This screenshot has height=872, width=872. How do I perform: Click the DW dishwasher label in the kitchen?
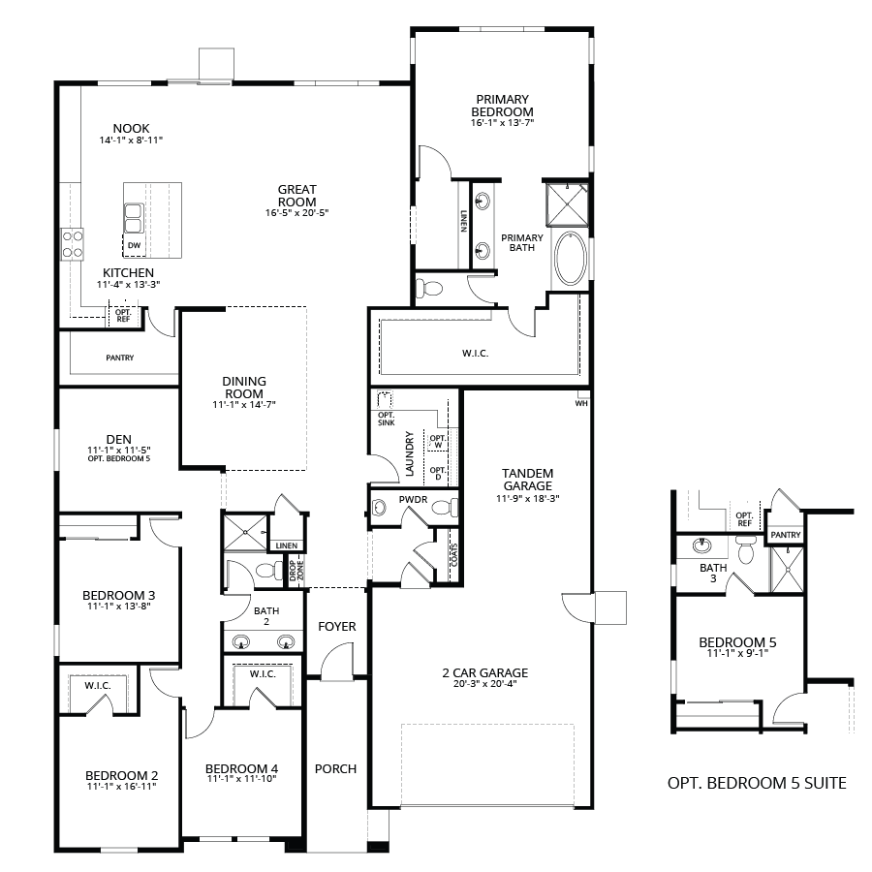point(134,245)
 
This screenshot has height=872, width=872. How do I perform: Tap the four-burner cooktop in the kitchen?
point(73,244)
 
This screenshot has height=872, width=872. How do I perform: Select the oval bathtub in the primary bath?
point(571,259)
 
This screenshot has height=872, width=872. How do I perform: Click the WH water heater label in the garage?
point(581,403)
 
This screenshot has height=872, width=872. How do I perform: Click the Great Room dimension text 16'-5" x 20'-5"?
point(297,212)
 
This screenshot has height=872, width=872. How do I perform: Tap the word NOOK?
point(131,129)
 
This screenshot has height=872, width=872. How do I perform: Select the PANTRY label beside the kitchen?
point(120,358)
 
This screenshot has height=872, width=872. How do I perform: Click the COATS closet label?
point(454,555)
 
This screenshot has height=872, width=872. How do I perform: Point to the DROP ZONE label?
point(296,571)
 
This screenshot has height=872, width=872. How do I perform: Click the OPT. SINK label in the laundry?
point(386,419)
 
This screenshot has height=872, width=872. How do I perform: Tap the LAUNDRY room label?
point(410,453)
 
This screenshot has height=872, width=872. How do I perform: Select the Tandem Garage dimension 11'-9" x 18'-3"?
point(528,499)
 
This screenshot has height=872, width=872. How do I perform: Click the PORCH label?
point(335,769)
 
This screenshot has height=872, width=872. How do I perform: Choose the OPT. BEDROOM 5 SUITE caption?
point(757,783)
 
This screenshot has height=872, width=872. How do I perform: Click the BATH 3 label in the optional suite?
point(713,573)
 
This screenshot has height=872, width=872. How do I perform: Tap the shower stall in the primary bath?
point(567,204)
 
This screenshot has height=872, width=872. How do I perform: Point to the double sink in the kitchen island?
point(134,218)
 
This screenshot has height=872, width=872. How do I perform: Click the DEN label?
point(119,440)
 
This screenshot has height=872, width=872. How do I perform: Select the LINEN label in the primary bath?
point(464,221)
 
